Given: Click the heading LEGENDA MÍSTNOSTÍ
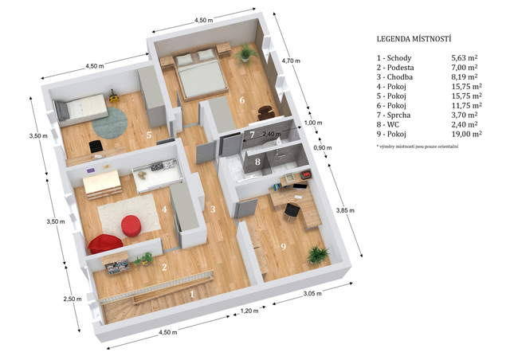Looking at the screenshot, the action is (414, 39).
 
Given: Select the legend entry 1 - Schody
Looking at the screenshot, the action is (394, 58).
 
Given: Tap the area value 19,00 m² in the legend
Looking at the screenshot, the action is (466, 134).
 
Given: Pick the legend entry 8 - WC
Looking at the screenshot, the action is (388, 124).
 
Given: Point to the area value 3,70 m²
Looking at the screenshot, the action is (465, 115).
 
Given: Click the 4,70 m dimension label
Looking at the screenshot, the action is (291, 61).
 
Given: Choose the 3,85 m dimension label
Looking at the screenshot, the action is (345, 210).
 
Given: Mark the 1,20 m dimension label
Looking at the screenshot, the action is (249, 311).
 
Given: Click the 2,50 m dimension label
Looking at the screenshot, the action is (73, 299).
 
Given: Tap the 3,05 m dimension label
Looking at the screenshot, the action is (312, 293).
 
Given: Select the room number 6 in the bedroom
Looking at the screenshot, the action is (242, 100).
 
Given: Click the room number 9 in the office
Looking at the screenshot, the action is (284, 247).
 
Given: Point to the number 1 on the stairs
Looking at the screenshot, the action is (192, 294).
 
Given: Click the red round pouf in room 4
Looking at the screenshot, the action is (131, 225).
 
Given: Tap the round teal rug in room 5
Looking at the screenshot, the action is (110, 123).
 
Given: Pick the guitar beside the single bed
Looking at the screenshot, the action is (113, 96).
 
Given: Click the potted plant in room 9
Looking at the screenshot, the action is (317, 254).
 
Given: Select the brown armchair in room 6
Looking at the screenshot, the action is (266, 113).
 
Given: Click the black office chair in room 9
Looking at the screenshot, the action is (291, 212).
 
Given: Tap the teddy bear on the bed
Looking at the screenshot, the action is (142, 175).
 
